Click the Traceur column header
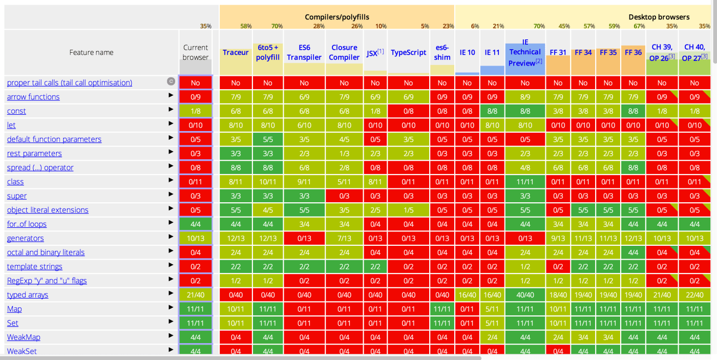pos(236,52)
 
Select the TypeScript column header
pos(408,52)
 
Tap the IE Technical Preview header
pos(525,52)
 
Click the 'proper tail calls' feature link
pos(70,82)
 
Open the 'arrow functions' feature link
pos(33,97)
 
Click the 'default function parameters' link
pos(54,139)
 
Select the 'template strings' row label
pos(35,266)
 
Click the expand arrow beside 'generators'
pos(171,237)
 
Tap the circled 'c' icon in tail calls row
pos(171,81)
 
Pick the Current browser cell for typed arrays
pos(196,295)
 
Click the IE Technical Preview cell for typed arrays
pos(525,295)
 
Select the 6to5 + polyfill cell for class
pos(268,182)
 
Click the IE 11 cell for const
pos(492,111)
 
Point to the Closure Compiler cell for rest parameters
pos(344,154)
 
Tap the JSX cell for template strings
pos(375,266)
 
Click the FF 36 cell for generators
pos(633,238)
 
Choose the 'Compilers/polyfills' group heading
pos(337,17)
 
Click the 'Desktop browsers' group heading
pos(659,17)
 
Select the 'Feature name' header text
pos(92,52)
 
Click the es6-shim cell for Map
pos(442,309)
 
